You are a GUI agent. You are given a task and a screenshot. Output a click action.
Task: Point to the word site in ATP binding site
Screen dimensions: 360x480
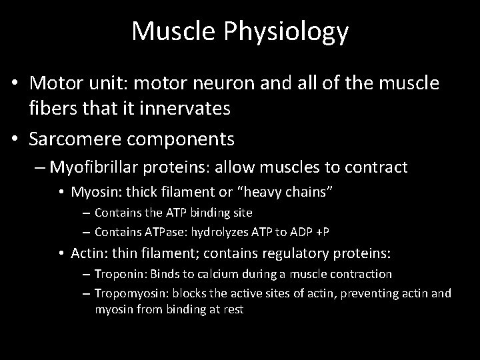pyautogui.click(x=242, y=213)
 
